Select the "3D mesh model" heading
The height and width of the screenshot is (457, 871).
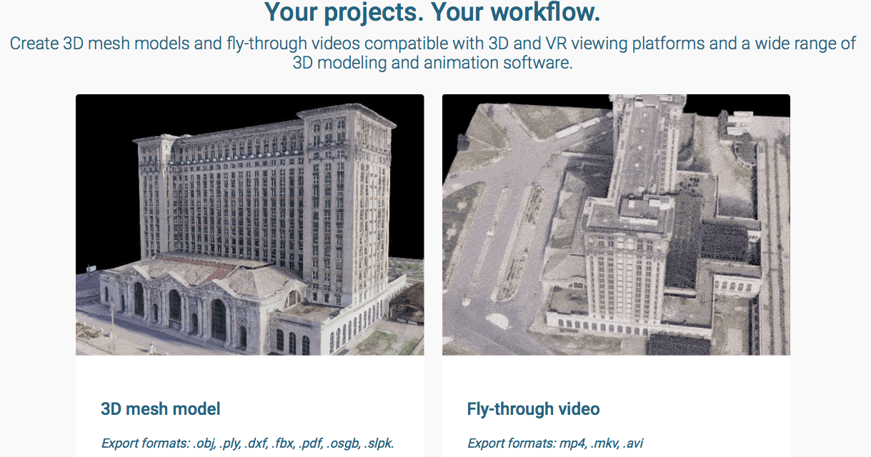pyautogui.click(x=161, y=409)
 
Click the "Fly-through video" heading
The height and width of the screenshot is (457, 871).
pyautogui.click(x=533, y=409)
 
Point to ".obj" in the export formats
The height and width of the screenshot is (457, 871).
pyautogui.click(x=204, y=443)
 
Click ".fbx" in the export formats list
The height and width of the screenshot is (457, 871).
pyautogui.click(x=283, y=443)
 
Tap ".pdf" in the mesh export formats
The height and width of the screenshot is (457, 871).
pyautogui.click(x=311, y=443)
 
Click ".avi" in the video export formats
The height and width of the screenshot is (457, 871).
pyautogui.click(x=632, y=443)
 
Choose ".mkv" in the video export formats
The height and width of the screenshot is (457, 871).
pyautogui.click(x=604, y=443)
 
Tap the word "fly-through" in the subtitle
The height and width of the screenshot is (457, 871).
pyautogui.click(x=267, y=44)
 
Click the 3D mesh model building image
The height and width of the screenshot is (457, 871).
pyautogui.click(x=249, y=225)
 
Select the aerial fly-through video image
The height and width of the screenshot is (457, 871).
pyautogui.click(x=616, y=225)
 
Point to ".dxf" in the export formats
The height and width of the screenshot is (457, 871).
pyautogui.click(x=257, y=443)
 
